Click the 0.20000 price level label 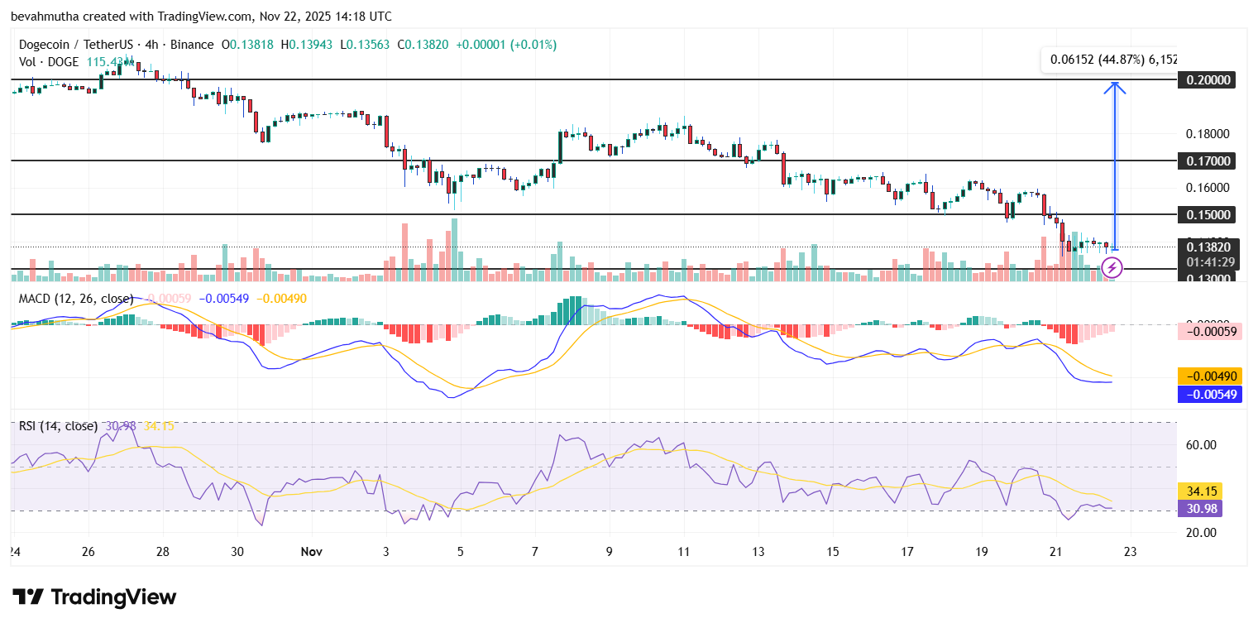coord(1208,80)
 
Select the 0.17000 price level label coord(1208,161)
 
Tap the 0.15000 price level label coord(1208,214)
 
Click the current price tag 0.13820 coord(1208,247)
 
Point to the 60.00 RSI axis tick coord(1200,445)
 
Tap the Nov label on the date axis coord(311,551)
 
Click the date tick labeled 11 coord(683,551)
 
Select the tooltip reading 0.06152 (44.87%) coord(1111,60)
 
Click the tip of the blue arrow coord(1116,84)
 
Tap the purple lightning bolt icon coord(1112,267)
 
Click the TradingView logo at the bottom coord(94,597)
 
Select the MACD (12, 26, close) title coord(75,298)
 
